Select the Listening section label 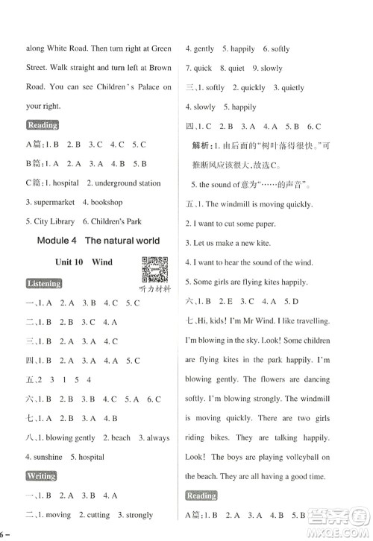pyautogui.click(x=44, y=284)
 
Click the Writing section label pyautogui.click(x=40, y=475)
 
